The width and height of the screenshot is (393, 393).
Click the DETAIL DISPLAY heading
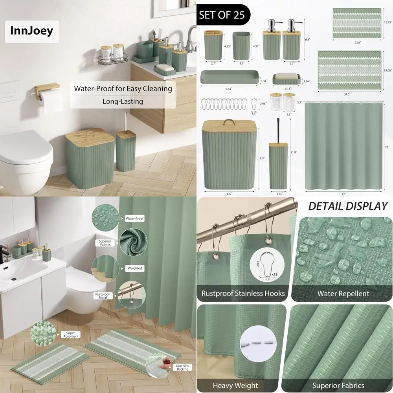click(x=348, y=206)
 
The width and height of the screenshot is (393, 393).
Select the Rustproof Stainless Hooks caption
click(x=243, y=293)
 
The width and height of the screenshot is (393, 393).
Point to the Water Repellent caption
click(x=343, y=293)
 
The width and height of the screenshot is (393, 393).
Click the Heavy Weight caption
click(x=235, y=385)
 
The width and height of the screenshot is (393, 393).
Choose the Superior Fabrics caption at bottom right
click(x=338, y=385)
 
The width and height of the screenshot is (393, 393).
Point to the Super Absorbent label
click(x=71, y=334)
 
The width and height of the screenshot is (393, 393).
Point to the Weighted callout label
click(x=134, y=268)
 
